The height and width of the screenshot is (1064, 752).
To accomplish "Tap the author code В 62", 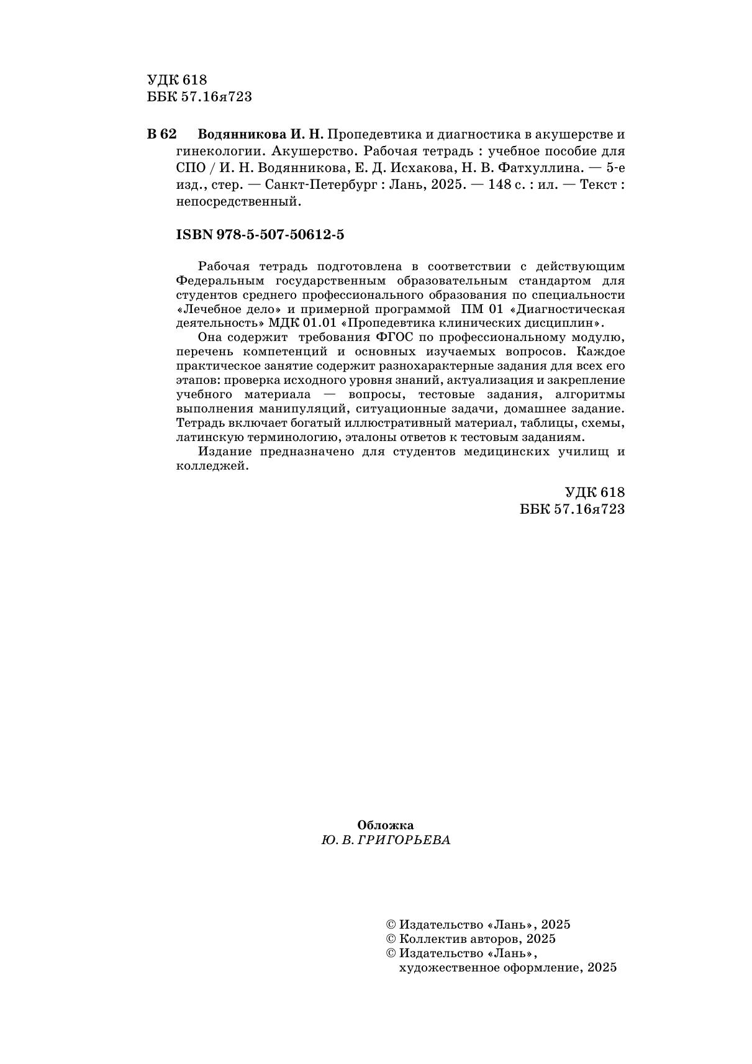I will pyautogui.click(x=162, y=134).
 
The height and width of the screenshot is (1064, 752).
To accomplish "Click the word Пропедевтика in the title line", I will pyautogui.click(x=366, y=134).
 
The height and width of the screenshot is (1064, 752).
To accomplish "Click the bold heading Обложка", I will pyautogui.click(x=385, y=825).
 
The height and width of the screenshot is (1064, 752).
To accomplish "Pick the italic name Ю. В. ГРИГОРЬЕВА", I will pyautogui.click(x=385, y=840).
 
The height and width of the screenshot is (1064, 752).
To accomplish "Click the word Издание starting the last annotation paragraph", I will pyautogui.click(x=224, y=452).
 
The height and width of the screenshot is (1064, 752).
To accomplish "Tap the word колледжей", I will pyautogui.click(x=212, y=466).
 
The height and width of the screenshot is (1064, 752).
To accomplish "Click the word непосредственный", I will pyautogui.click(x=238, y=201).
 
